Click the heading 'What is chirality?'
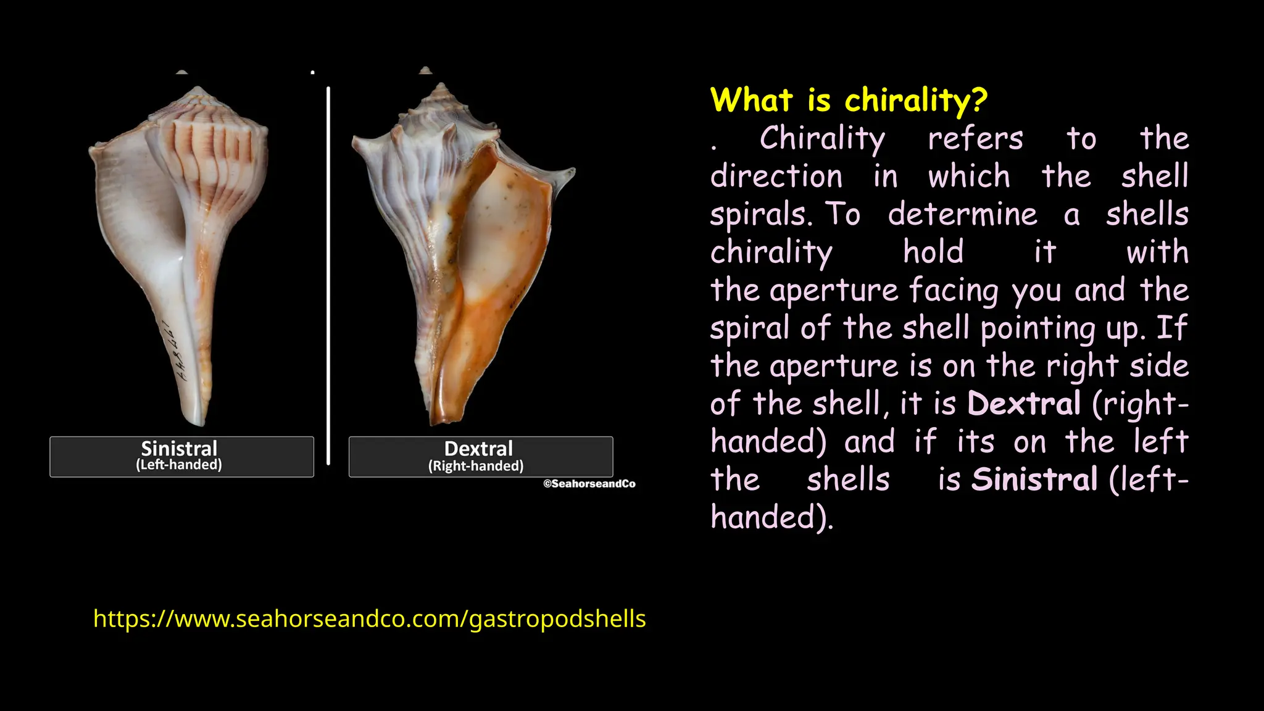[x=849, y=101]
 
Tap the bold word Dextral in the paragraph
[x=1024, y=404]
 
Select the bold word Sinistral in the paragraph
[x=1034, y=480]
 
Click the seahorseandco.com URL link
[x=369, y=618]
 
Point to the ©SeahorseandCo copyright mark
[x=589, y=484]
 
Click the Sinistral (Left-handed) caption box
[x=181, y=457]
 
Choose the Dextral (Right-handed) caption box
[x=480, y=457]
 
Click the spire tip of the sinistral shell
[x=199, y=90]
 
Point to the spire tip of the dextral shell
[x=441, y=86]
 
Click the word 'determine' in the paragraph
[x=962, y=215]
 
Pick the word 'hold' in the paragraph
[x=933, y=252]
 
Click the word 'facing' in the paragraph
[x=953, y=291]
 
